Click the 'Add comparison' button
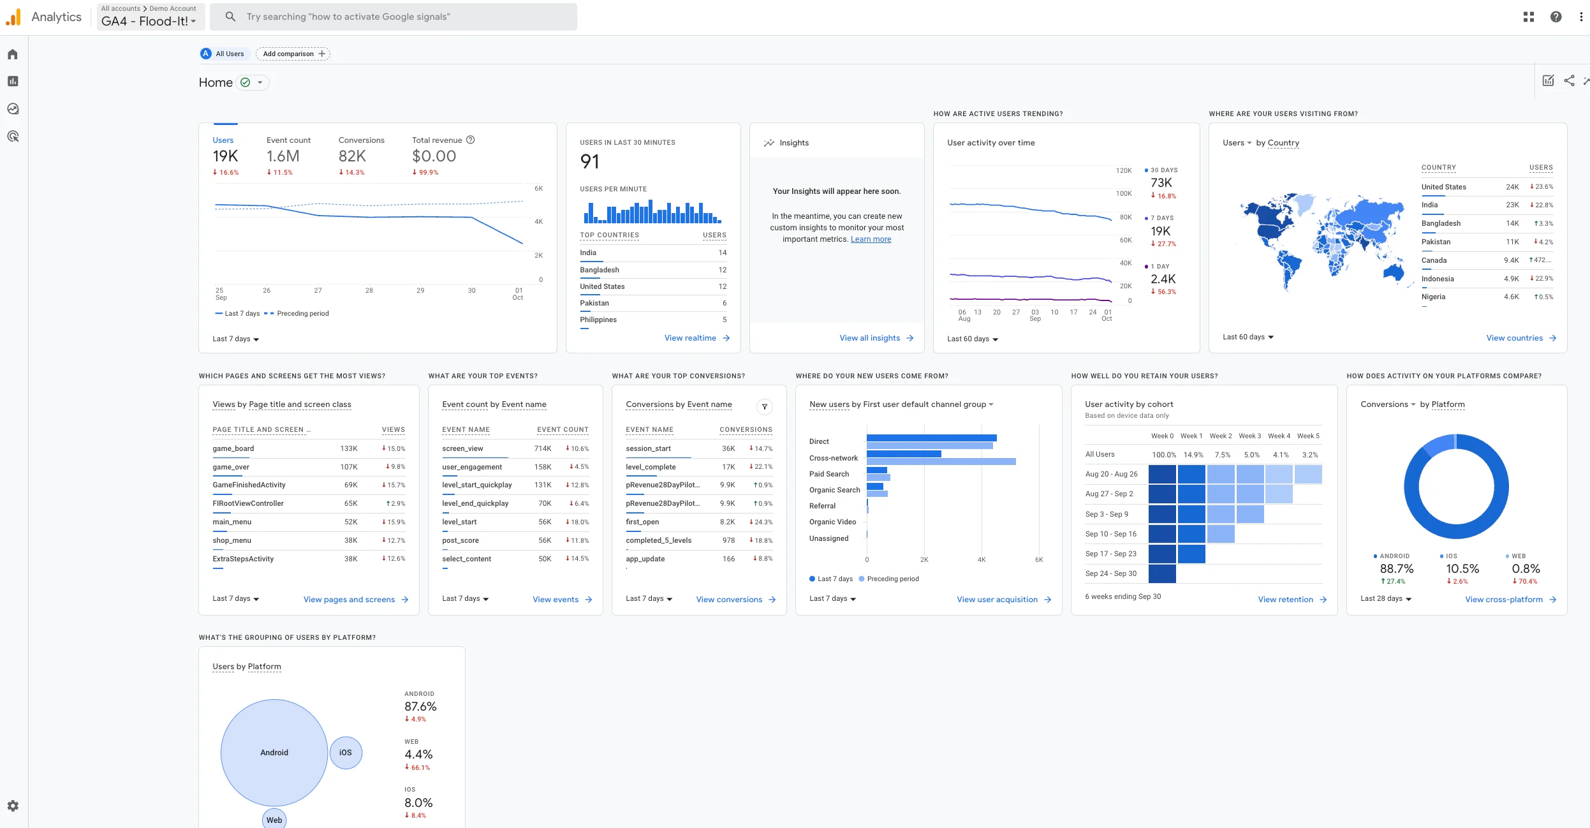[293, 54]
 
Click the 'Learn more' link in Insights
[871, 239]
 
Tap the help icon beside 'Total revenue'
[471, 140]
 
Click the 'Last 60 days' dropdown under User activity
[972, 339]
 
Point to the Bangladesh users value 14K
[1512, 223]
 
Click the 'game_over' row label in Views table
[231, 467]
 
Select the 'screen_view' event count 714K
[542, 448]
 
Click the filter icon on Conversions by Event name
[764, 406]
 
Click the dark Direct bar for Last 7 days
[931, 438]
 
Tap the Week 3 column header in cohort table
[1249, 436]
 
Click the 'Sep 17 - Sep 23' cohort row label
[1110, 554]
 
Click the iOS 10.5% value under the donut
[1462, 568]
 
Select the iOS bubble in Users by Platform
[345, 753]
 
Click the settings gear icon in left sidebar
[13, 806]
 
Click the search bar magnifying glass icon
[231, 17]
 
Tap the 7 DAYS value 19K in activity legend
[1160, 231]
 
